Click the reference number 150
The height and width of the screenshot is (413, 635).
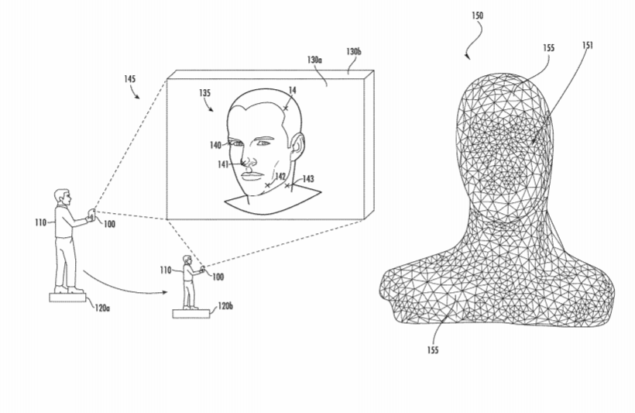(478, 15)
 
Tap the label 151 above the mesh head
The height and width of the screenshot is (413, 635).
(588, 45)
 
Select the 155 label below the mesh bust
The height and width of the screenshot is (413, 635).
(433, 349)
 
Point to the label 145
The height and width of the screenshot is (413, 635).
(129, 78)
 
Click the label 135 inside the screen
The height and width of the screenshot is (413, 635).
(204, 93)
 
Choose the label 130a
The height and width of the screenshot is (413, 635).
(314, 60)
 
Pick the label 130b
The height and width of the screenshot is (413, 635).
(354, 51)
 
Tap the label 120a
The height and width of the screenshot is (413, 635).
(102, 308)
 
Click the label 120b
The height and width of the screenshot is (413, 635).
(225, 305)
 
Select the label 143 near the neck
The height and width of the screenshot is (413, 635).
(308, 179)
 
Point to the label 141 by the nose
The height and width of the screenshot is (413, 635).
(223, 164)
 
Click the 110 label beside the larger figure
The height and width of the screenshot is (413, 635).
(40, 222)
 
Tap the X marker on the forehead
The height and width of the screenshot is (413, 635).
(286, 108)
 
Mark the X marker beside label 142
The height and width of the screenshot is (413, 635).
(267, 185)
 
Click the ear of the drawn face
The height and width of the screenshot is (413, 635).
(297, 146)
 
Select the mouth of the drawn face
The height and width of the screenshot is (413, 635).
(252, 176)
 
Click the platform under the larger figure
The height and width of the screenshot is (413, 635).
(67, 298)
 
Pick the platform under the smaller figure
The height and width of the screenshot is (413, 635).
(191, 314)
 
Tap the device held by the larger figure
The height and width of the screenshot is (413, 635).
(92, 215)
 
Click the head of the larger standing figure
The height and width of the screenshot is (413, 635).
(63, 197)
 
